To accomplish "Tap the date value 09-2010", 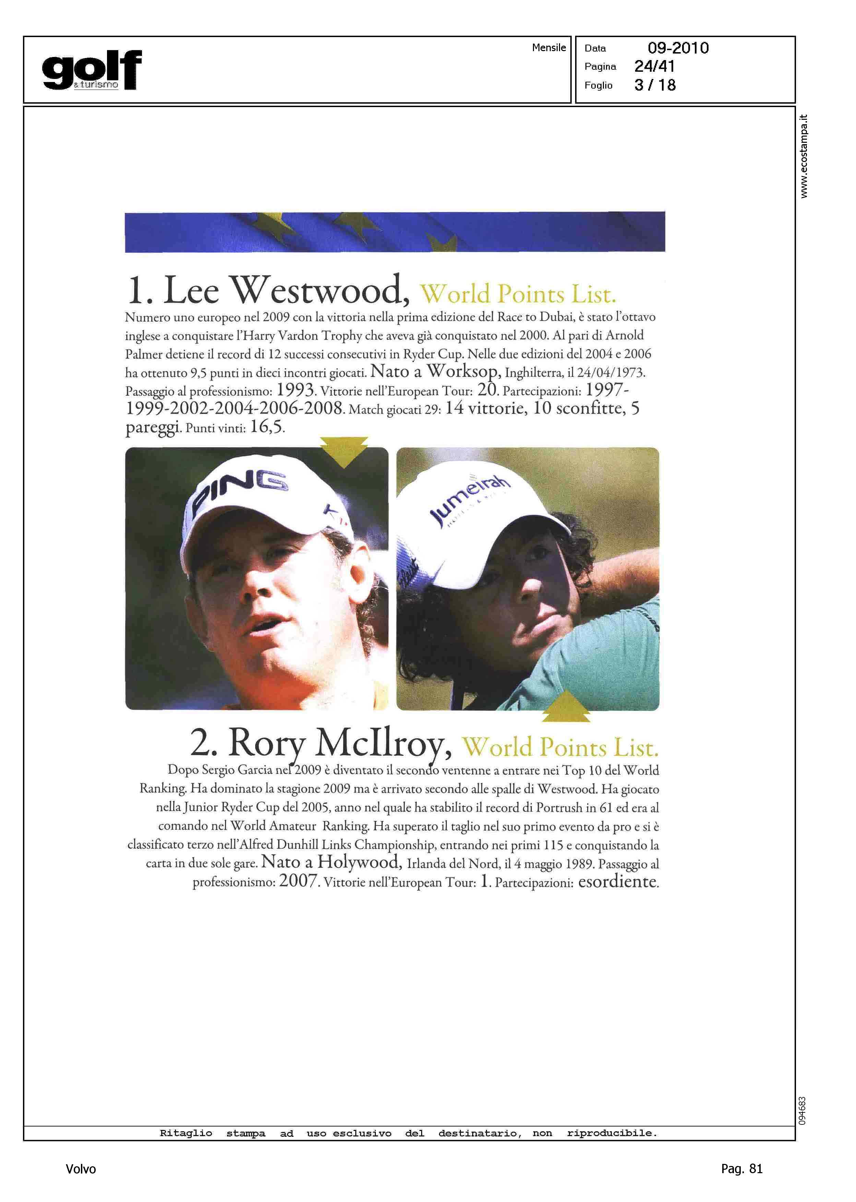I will click(678, 48).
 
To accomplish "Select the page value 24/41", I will click(654, 67).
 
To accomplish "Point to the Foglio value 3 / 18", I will click(655, 85).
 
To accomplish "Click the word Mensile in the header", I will click(549, 47).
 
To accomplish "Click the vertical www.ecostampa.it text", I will click(803, 156).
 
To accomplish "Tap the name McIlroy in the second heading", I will click(383, 743).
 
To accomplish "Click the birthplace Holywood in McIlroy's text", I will click(359, 862).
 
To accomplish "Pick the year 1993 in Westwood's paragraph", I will click(296, 390).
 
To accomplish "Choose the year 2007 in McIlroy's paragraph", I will click(298, 881).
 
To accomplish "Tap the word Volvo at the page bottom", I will click(81, 1169).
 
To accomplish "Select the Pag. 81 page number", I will click(741, 1169).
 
